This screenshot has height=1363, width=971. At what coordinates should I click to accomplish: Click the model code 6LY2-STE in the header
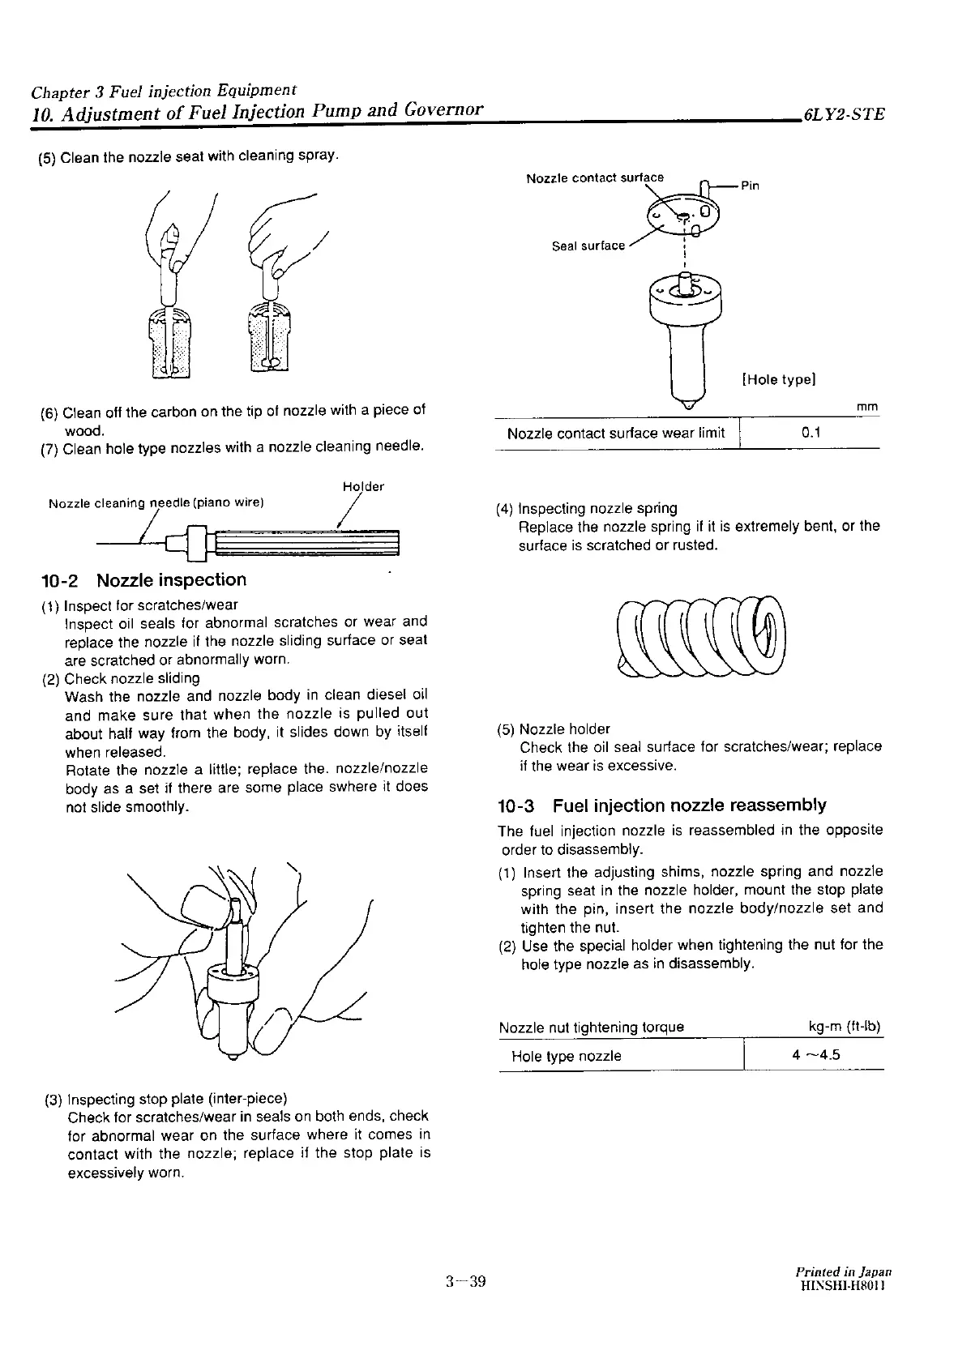click(843, 114)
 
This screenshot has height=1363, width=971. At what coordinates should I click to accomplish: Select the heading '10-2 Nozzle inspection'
click(143, 580)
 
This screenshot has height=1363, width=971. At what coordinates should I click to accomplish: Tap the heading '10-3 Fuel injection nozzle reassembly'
click(661, 805)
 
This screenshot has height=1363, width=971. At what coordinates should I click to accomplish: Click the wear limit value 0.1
click(811, 433)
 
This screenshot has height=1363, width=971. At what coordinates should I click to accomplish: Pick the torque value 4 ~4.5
click(815, 1055)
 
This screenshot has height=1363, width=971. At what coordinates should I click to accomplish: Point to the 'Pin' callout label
click(750, 186)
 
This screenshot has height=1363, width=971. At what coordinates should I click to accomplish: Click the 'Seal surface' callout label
click(588, 246)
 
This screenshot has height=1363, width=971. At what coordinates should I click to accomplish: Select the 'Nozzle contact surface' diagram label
click(594, 177)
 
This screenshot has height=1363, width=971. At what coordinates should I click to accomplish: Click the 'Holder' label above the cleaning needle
click(363, 486)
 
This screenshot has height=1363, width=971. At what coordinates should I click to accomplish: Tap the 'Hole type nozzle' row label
click(566, 1056)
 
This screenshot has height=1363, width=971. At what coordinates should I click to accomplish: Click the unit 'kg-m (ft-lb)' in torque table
click(845, 1028)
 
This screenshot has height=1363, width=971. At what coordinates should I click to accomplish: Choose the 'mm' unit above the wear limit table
click(866, 407)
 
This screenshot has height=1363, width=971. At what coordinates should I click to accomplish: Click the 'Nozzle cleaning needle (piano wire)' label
click(156, 503)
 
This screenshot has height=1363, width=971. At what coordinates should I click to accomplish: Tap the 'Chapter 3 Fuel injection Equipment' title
click(164, 90)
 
